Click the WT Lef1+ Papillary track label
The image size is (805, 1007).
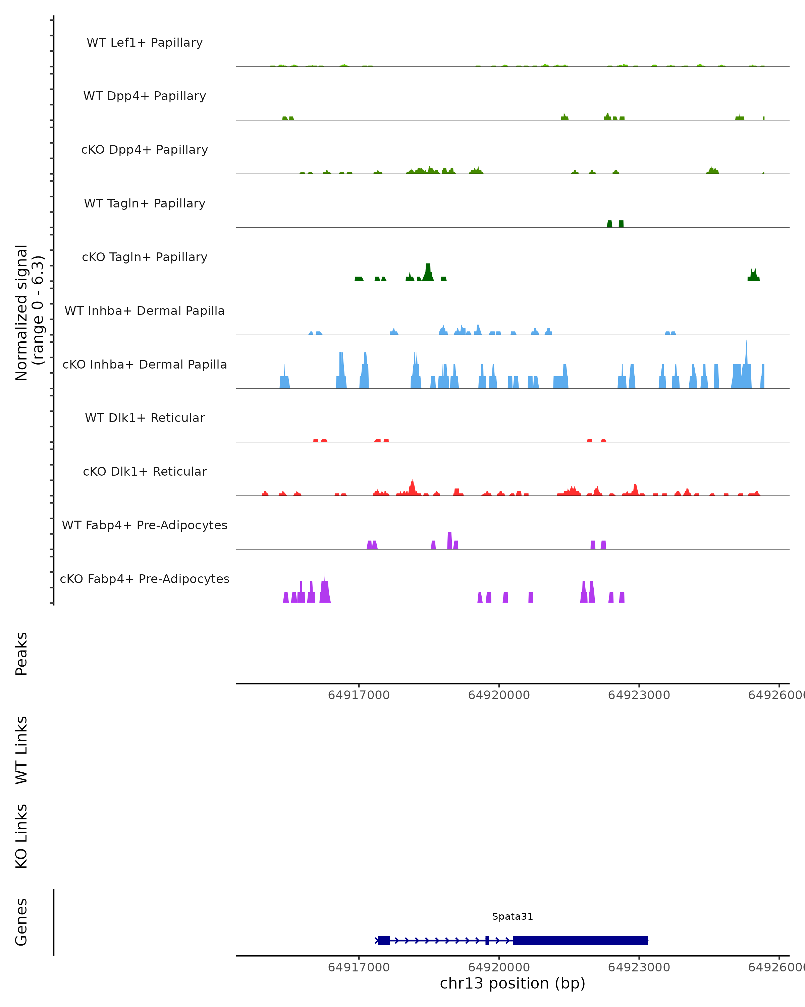[x=145, y=43]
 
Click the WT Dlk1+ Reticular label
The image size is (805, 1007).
[x=145, y=418]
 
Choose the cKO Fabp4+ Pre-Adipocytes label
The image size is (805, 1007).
[x=145, y=579]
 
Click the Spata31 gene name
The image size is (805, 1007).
[x=513, y=916]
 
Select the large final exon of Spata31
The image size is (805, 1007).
[x=580, y=940]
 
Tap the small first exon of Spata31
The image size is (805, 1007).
[x=384, y=940]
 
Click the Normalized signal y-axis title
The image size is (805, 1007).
[x=29, y=313]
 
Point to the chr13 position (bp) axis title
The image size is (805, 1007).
[x=513, y=983]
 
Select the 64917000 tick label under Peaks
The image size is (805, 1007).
[x=359, y=695]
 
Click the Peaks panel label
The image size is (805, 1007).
[x=21, y=654]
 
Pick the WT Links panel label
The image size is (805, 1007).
[x=21, y=750]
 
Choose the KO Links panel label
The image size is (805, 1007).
[x=21, y=836]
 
